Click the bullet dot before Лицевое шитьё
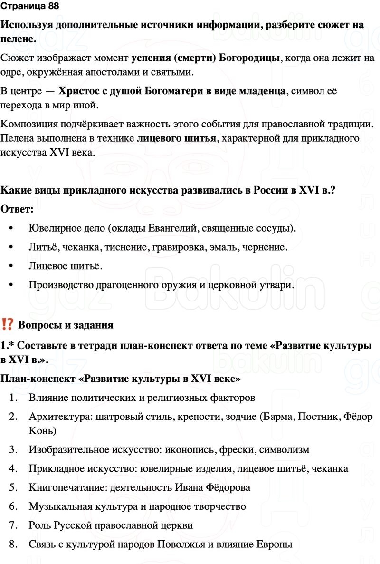[11, 267]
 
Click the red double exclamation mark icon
[7, 325]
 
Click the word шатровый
[115, 417]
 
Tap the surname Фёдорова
[227, 487]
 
